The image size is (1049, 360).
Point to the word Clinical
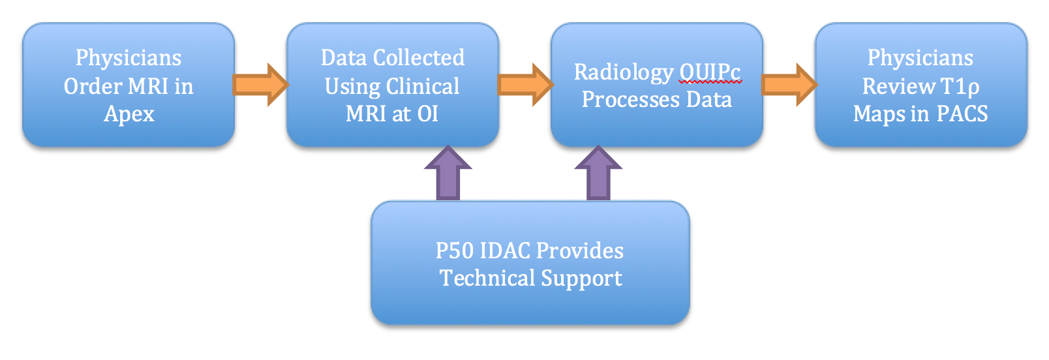pos(423,87)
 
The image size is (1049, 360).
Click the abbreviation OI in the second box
pos(427,113)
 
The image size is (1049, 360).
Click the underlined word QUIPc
pos(710,72)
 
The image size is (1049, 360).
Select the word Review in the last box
pos(899,86)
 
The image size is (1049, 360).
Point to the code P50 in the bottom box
pos(454,251)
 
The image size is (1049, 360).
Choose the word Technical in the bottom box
pos(487,278)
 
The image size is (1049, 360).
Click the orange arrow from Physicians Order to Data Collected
pos(260,85)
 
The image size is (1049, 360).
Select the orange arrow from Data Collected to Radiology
pos(525,85)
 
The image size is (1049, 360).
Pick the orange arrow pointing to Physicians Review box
pos(789,85)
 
